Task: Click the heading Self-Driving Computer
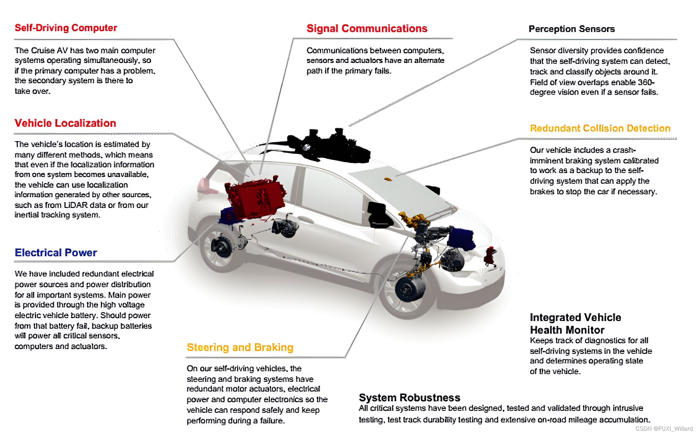pos(66,28)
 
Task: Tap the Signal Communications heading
pos(367,29)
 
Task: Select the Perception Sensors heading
pos(571,29)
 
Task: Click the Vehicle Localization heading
pos(65,123)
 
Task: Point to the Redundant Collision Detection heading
pos(600,128)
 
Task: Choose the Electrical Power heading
pos(56,253)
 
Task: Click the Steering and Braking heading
pos(240,348)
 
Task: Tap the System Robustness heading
pos(409,398)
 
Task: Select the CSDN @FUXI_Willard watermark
pos(664,429)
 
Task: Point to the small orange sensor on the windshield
pos(388,179)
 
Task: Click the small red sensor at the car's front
pos(490,255)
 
